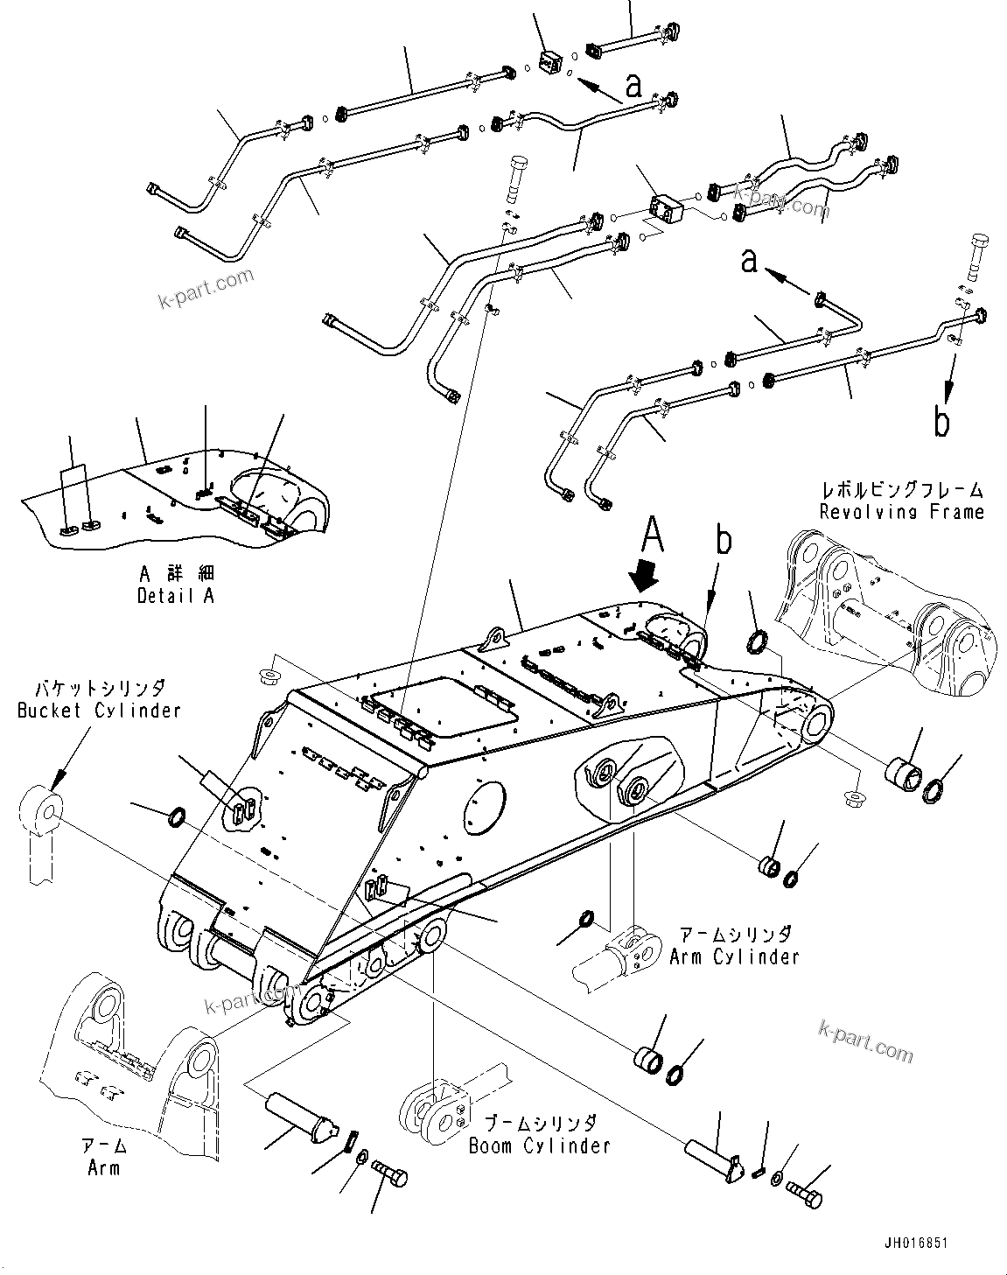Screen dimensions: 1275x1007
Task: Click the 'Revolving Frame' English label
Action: point(901,512)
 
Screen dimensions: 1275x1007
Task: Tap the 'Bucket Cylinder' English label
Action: point(99,710)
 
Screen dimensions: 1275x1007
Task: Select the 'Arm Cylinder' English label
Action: point(734,956)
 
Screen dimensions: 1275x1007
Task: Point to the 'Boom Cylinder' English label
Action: point(539,1145)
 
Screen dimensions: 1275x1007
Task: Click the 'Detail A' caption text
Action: point(175,596)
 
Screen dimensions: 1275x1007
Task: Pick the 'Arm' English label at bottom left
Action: point(103,1168)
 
